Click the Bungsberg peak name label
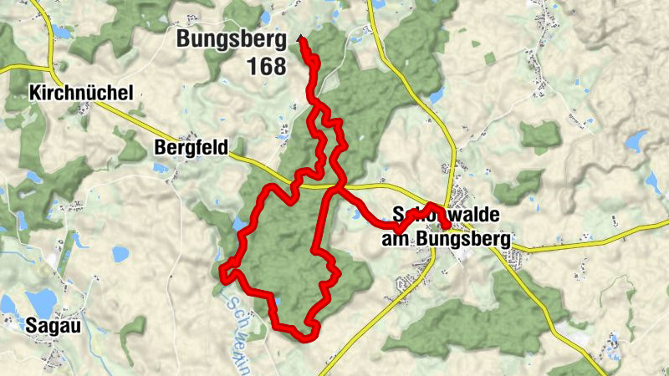tap(231, 38)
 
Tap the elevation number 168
tap(267, 65)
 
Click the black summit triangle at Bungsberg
tap(299, 38)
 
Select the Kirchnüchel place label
tap(80, 93)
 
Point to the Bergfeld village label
tap(191, 148)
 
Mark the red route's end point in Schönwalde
tap(447, 225)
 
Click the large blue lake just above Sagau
tap(39, 302)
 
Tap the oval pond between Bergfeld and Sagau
tap(120, 252)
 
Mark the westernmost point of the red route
tap(222, 272)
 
